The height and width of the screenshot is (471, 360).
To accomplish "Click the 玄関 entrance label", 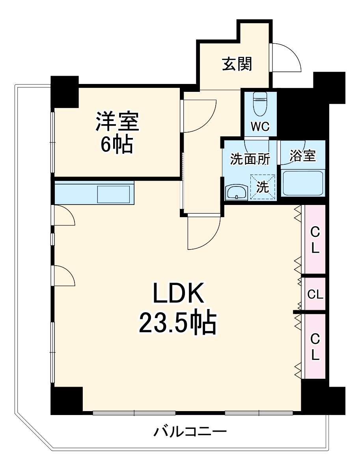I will click(x=237, y=64).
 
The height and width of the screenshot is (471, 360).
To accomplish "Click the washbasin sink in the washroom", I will click(x=236, y=193).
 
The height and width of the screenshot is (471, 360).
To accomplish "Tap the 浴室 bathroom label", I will click(x=302, y=156).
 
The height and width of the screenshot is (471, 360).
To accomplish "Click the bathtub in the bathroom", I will click(x=303, y=183).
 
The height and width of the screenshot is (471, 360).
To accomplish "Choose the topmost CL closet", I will click(x=314, y=239).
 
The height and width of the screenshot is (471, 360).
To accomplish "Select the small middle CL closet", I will click(x=315, y=294).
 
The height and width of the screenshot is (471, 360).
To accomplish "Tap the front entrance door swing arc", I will click(x=286, y=57).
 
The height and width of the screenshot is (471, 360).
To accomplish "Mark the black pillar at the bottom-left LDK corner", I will click(x=66, y=400).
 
